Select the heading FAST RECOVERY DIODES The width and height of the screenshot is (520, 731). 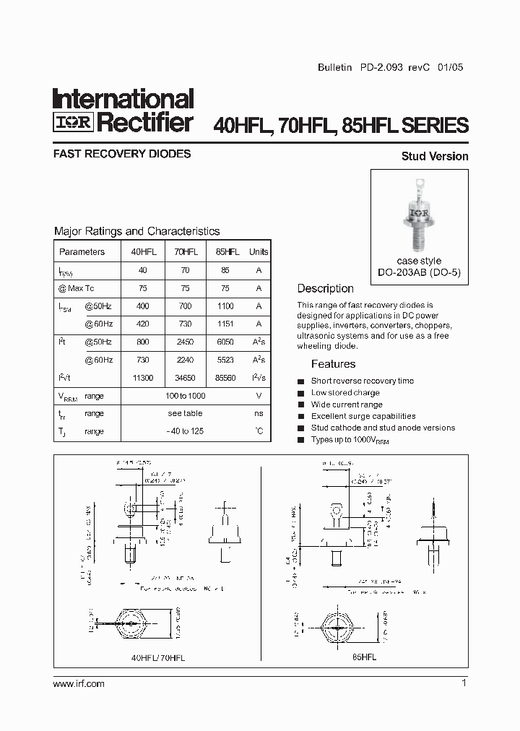click(x=122, y=154)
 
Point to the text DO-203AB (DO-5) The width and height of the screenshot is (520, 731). click(x=419, y=272)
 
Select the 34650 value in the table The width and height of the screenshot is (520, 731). click(x=186, y=378)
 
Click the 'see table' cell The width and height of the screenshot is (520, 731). click(x=185, y=413)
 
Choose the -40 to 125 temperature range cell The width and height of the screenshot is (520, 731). click(x=185, y=431)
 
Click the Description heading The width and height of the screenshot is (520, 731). click(x=325, y=288)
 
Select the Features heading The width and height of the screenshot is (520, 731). click(x=333, y=364)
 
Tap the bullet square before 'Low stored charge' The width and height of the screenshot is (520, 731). click(x=301, y=393)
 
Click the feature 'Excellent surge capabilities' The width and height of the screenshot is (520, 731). click(x=363, y=416)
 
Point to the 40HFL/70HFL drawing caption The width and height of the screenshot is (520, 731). click(x=158, y=658)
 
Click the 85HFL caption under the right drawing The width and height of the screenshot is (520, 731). click(x=364, y=658)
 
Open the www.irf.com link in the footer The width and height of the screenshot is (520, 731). click(x=79, y=683)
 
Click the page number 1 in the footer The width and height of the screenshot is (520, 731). click(x=464, y=683)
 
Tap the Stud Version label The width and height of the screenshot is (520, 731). click(x=435, y=156)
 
